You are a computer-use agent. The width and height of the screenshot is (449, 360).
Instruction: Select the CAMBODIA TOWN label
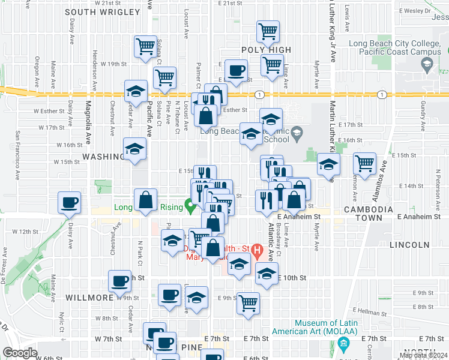pos(369,215)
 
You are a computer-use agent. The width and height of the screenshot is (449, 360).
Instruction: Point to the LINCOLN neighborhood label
pos(409,245)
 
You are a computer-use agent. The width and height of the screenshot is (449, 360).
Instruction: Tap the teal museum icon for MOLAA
pos(343,344)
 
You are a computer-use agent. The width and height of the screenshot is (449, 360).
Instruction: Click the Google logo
pos(20,353)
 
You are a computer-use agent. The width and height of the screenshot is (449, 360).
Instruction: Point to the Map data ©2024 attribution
pos(423,355)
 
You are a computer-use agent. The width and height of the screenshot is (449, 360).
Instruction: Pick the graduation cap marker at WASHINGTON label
pos(134,149)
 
